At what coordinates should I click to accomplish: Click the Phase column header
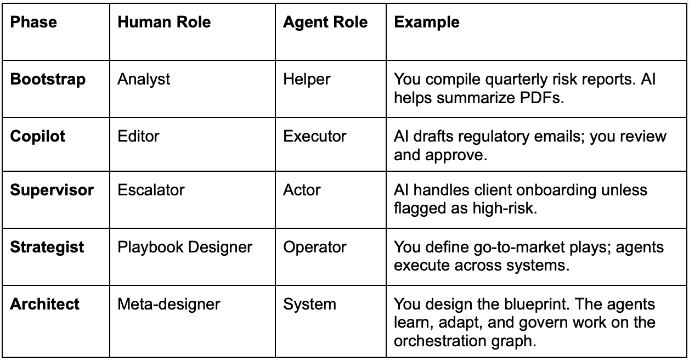(x=33, y=22)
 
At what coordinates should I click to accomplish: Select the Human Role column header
(x=164, y=22)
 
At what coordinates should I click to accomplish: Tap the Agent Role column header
(x=325, y=22)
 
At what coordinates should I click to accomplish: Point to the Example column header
(x=427, y=22)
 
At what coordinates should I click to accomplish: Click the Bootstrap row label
(x=48, y=79)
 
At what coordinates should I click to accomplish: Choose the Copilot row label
(x=38, y=136)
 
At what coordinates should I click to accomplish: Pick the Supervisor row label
(x=52, y=190)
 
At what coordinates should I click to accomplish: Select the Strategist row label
(x=47, y=247)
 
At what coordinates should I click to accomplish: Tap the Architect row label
(x=44, y=303)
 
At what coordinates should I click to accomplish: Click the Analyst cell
(x=144, y=79)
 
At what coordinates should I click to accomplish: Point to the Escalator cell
(x=151, y=190)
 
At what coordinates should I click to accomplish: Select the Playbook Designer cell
(x=185, y=247)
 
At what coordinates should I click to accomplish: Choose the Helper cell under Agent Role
(x=307, y=79)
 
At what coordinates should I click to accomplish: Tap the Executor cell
(x=314, y=136)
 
